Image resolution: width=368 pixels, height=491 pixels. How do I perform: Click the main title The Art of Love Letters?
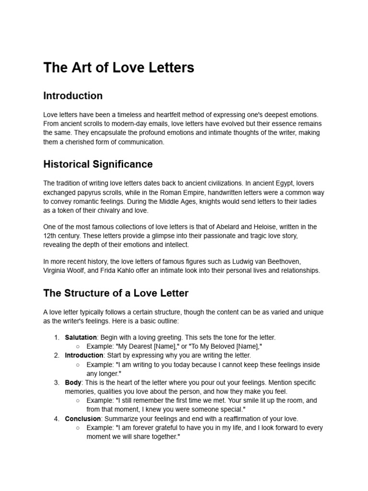[118, 68]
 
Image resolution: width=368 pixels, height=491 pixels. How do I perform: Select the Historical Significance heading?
[98, 164]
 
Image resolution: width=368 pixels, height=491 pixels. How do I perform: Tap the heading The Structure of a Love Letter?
[115, 292]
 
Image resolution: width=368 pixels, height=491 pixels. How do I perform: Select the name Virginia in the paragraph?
[56, 270]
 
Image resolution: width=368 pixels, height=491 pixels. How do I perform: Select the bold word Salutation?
[80, 338]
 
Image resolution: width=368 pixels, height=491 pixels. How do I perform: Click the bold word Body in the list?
[73, 383]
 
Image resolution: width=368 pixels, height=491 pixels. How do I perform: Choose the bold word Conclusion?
[83, 419]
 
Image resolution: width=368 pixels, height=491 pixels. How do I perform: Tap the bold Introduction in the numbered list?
[84, 355]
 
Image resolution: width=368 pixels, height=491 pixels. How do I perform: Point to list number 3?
[57, 383]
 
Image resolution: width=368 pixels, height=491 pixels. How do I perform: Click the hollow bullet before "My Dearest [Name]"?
[78, 347]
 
